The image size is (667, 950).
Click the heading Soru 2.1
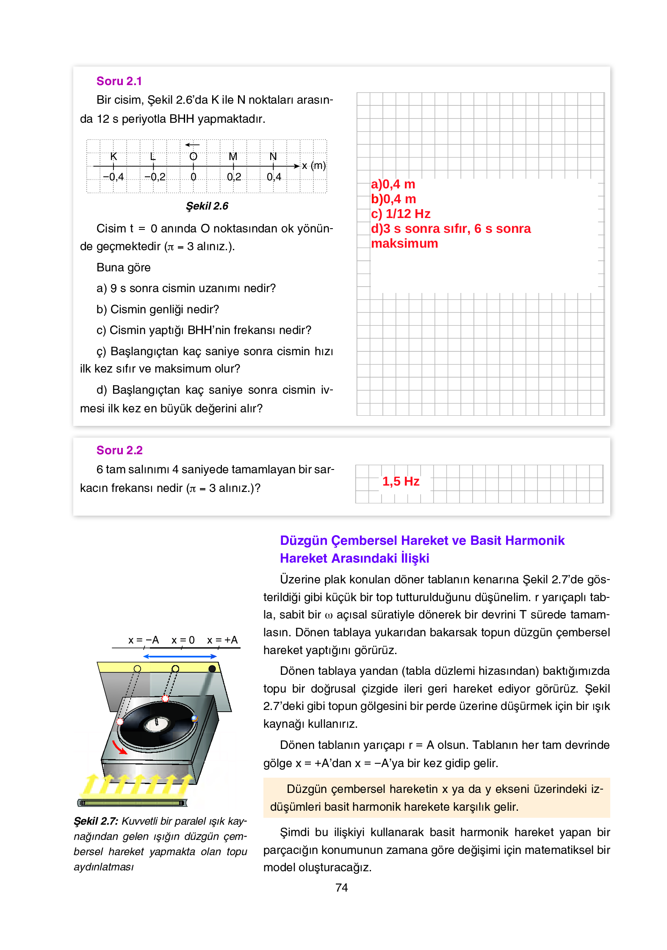click(x=119, y=81)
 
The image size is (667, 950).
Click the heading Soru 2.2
click(x=119, y=450)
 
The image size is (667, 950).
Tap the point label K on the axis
click(x=113, y=156)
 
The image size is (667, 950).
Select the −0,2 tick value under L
click(x=155, y=177)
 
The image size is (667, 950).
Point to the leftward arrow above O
click(x=192, y=145)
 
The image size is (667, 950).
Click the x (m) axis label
click(x=313, y=166)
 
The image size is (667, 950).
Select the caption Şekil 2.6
click(x=207, y=206)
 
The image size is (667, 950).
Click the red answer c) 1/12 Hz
click(x=401, y=214)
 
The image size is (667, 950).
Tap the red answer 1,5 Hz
click(x=401, y=481)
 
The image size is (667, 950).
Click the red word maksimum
click(x=404, y=244)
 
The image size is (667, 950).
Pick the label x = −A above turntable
click(x=144, y=640)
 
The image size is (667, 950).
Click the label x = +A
click(x=222, y=640)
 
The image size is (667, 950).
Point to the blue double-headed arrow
click(x=180, y=657)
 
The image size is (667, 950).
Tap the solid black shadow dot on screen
click(x=212, y=668)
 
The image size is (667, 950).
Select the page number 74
click(x=341, y=888)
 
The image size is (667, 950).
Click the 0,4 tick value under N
click(x=274, y=177)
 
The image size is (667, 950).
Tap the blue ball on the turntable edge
click(x=194, y=718)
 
